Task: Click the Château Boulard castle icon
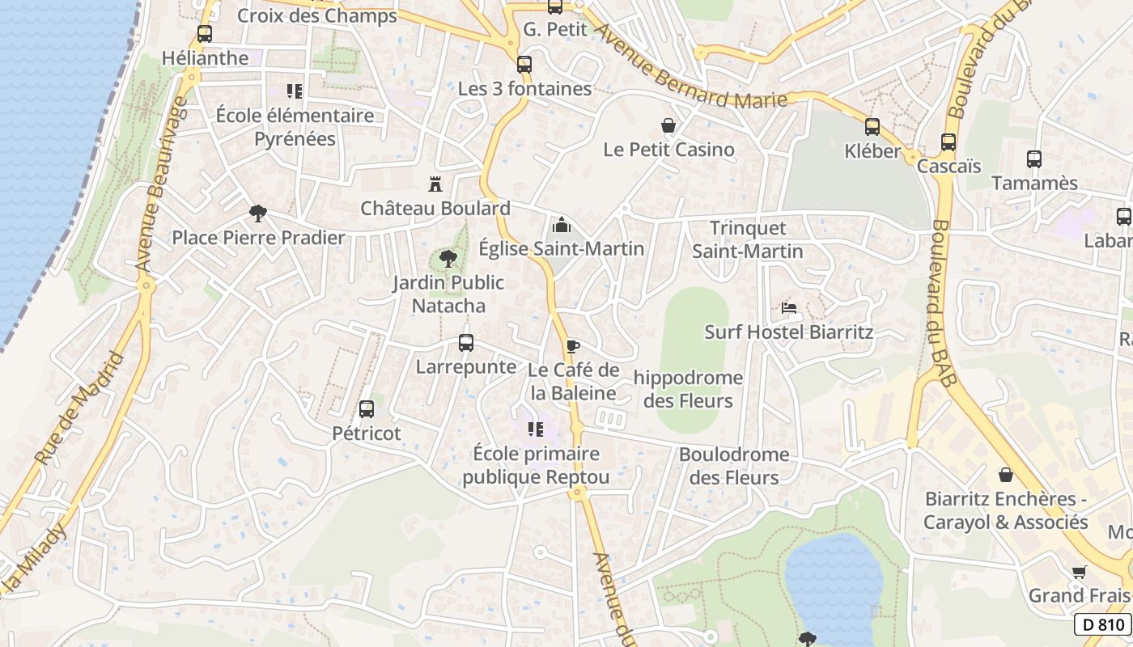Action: point(435,184)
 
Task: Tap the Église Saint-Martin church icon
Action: point(561,225)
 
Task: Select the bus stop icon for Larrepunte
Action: point(466,343)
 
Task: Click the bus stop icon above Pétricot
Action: point(367,409)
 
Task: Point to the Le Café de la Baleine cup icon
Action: point(573,347)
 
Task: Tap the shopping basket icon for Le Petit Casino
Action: point(668,125)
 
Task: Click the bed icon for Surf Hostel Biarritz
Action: point(789,308)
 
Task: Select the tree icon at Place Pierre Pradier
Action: point(258,214)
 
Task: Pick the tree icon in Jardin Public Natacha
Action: point(448,259)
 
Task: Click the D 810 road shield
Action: point(1104,624)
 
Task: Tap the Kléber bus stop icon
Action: point(872,127)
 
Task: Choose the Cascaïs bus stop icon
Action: point(948,142)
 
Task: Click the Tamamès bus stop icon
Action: point(1034,159)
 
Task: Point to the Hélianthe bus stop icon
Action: point(205,34)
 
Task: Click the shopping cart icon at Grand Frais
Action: point(1079,573)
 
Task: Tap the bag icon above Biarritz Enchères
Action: point(1006,475)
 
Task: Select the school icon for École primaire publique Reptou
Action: point(535,429)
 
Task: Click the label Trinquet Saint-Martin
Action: point(748,240)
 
